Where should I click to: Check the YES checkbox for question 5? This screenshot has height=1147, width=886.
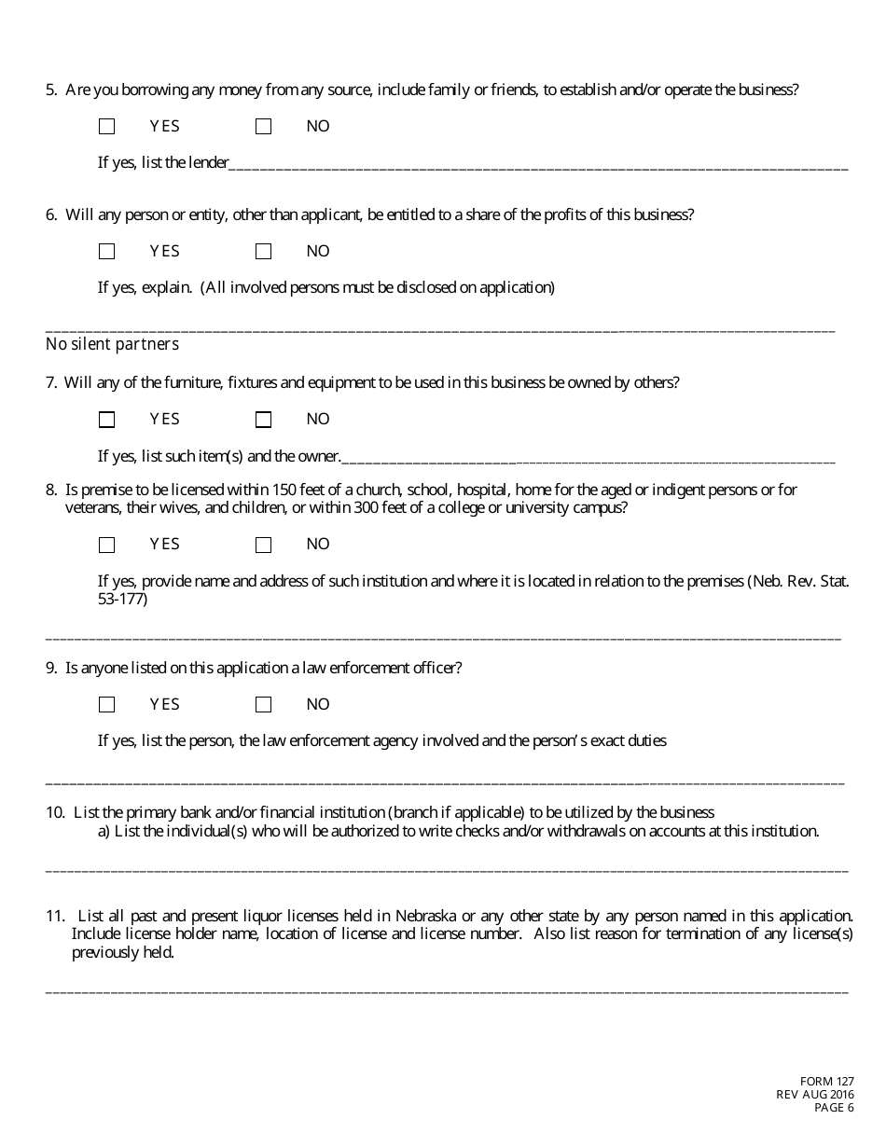[x=107, y=127]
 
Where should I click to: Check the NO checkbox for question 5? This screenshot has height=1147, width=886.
[x=264, y=127]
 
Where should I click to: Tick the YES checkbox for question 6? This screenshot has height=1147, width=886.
[x=107, y=252]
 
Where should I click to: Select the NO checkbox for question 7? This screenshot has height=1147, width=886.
[x=264, y=420]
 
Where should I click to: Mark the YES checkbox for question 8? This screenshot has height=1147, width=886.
[x=107, y=545]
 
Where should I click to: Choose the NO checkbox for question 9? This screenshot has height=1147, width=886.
[x=264, y=705]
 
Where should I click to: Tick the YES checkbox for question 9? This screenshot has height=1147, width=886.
[x=107, y=705]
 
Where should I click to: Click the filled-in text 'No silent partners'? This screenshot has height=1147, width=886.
[x=112, y=345]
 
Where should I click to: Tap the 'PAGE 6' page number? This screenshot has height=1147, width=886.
[x=834, y=1108]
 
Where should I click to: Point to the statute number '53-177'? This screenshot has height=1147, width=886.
[x=122, y=600]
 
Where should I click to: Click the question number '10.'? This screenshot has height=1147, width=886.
[x=55, y=813]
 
